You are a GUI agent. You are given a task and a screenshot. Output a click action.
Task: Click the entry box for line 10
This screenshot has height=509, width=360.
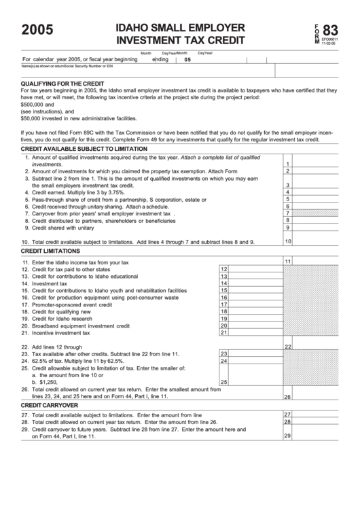click(320, 241)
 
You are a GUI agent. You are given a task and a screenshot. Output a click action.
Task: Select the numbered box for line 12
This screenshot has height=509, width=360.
click(223, 269)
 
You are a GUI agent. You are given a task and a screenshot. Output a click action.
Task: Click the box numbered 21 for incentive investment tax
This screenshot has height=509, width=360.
click(223, 332)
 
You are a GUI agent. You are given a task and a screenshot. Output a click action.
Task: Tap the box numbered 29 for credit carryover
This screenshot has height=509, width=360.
click(320, 436)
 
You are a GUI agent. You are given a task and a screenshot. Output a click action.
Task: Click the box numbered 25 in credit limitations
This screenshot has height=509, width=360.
click(223, 382)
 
